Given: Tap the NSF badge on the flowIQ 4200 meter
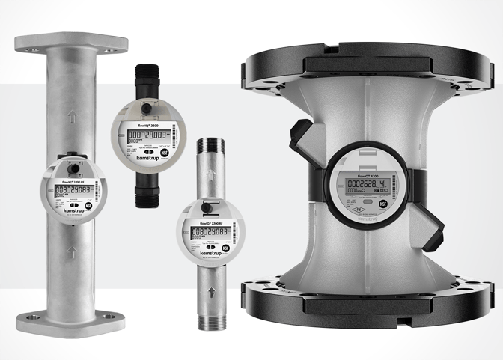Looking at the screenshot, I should coord(383,202).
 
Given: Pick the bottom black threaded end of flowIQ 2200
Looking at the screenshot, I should coord(144,197).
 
